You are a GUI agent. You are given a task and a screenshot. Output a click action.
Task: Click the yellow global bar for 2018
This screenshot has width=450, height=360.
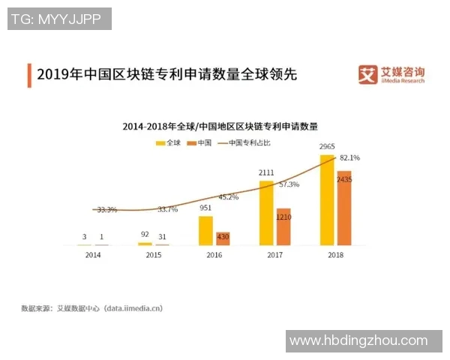click(x=327, y=200)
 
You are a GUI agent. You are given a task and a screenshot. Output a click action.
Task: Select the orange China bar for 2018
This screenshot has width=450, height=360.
click(x=344, y=208)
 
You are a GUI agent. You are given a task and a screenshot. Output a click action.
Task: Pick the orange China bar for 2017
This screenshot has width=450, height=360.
click(x=283, y=226)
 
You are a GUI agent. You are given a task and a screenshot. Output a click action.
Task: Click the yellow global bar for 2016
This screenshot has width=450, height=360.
click(x=205, y=230)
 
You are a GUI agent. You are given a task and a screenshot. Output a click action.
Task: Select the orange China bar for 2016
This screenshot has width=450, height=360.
click(x=223, y=238)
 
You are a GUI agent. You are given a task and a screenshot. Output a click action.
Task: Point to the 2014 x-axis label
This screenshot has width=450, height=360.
click(x=93, y=255)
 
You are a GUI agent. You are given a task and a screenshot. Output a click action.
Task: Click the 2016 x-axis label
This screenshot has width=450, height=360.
click(x=214, y=255)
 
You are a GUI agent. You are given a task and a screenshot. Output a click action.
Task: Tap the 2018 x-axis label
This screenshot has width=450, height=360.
click(x=335, y=255)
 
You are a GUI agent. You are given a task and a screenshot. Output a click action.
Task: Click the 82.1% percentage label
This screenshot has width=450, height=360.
click(x=350, y=158)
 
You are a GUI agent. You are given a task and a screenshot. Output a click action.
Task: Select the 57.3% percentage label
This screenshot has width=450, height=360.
click(x=289, y=184)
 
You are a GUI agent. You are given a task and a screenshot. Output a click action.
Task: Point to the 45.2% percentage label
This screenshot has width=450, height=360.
click(x=228, y=197)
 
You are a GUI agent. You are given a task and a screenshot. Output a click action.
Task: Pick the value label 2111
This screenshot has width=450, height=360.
click(x=266, y=172)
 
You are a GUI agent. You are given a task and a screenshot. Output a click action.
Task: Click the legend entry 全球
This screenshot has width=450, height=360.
click(x=169, y=142)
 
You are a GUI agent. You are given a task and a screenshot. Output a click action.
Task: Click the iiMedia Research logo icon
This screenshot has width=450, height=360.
click(x=367, y=75)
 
